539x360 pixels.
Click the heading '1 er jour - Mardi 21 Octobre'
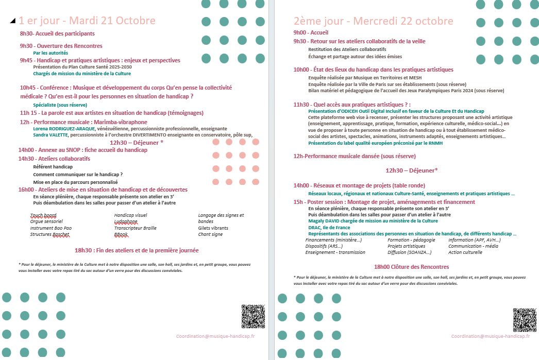87,21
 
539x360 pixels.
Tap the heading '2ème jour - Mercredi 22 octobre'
373,21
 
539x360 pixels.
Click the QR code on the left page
253,317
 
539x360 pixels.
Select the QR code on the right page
525,320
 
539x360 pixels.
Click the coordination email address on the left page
215,336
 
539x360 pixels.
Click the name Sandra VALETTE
50,135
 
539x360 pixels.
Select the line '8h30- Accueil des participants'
57,33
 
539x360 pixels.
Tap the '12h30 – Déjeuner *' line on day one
137,143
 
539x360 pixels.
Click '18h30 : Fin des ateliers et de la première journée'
137,250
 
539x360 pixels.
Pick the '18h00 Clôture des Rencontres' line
411,267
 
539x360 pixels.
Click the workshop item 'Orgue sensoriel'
46,221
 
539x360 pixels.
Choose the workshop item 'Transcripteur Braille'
135,228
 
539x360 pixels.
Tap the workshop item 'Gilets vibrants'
213,228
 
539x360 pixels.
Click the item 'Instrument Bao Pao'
50,228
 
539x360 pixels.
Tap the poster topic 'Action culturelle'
465,252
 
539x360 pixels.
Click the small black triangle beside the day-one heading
12,21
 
